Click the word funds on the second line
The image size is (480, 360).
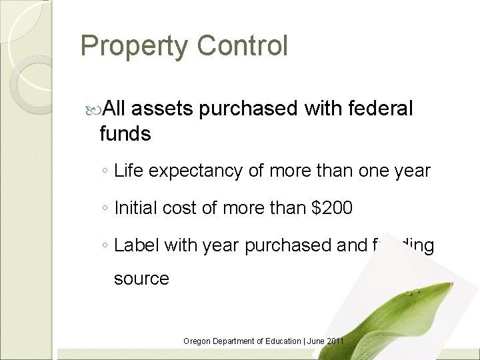coord(125,134)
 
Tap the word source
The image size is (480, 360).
coord(141,277)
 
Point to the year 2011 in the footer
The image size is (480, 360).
coord(335,341)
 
